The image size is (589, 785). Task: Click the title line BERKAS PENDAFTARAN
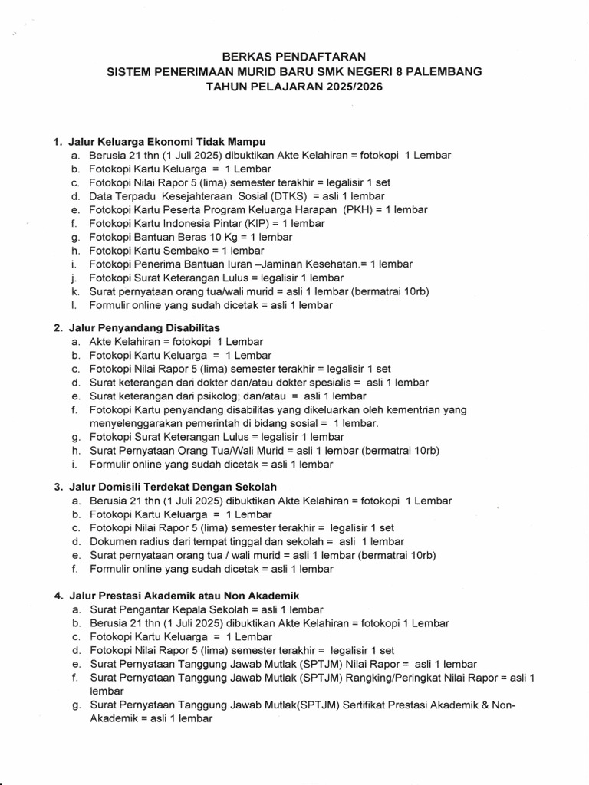pos(294,56)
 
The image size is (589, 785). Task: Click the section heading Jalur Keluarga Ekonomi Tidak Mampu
pos(166,141)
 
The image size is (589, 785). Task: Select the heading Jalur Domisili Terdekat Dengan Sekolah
pos(173,487)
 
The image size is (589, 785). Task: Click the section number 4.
pos(58,596)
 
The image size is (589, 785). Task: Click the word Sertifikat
pos(391,705)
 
